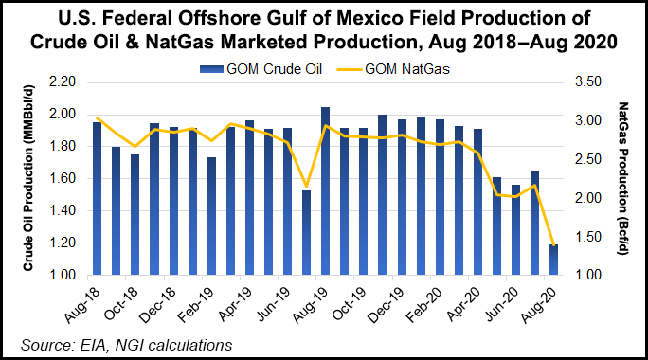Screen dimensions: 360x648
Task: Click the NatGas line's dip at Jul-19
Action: pos(306,187)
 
